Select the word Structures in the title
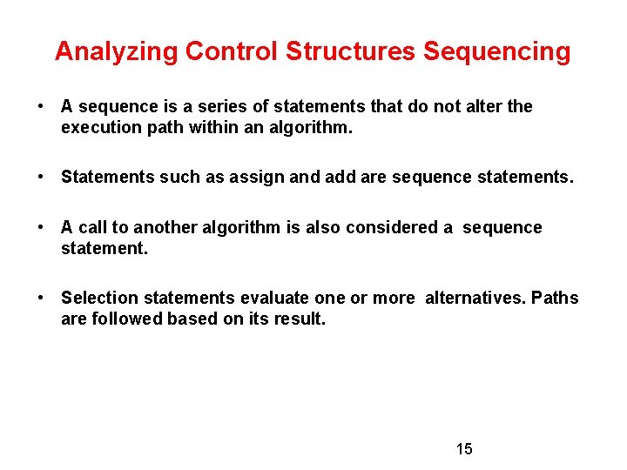[351, 51]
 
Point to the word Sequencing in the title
[496, 51]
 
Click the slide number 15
[464, 449]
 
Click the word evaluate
[272, 298]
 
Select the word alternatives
[475, 298]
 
